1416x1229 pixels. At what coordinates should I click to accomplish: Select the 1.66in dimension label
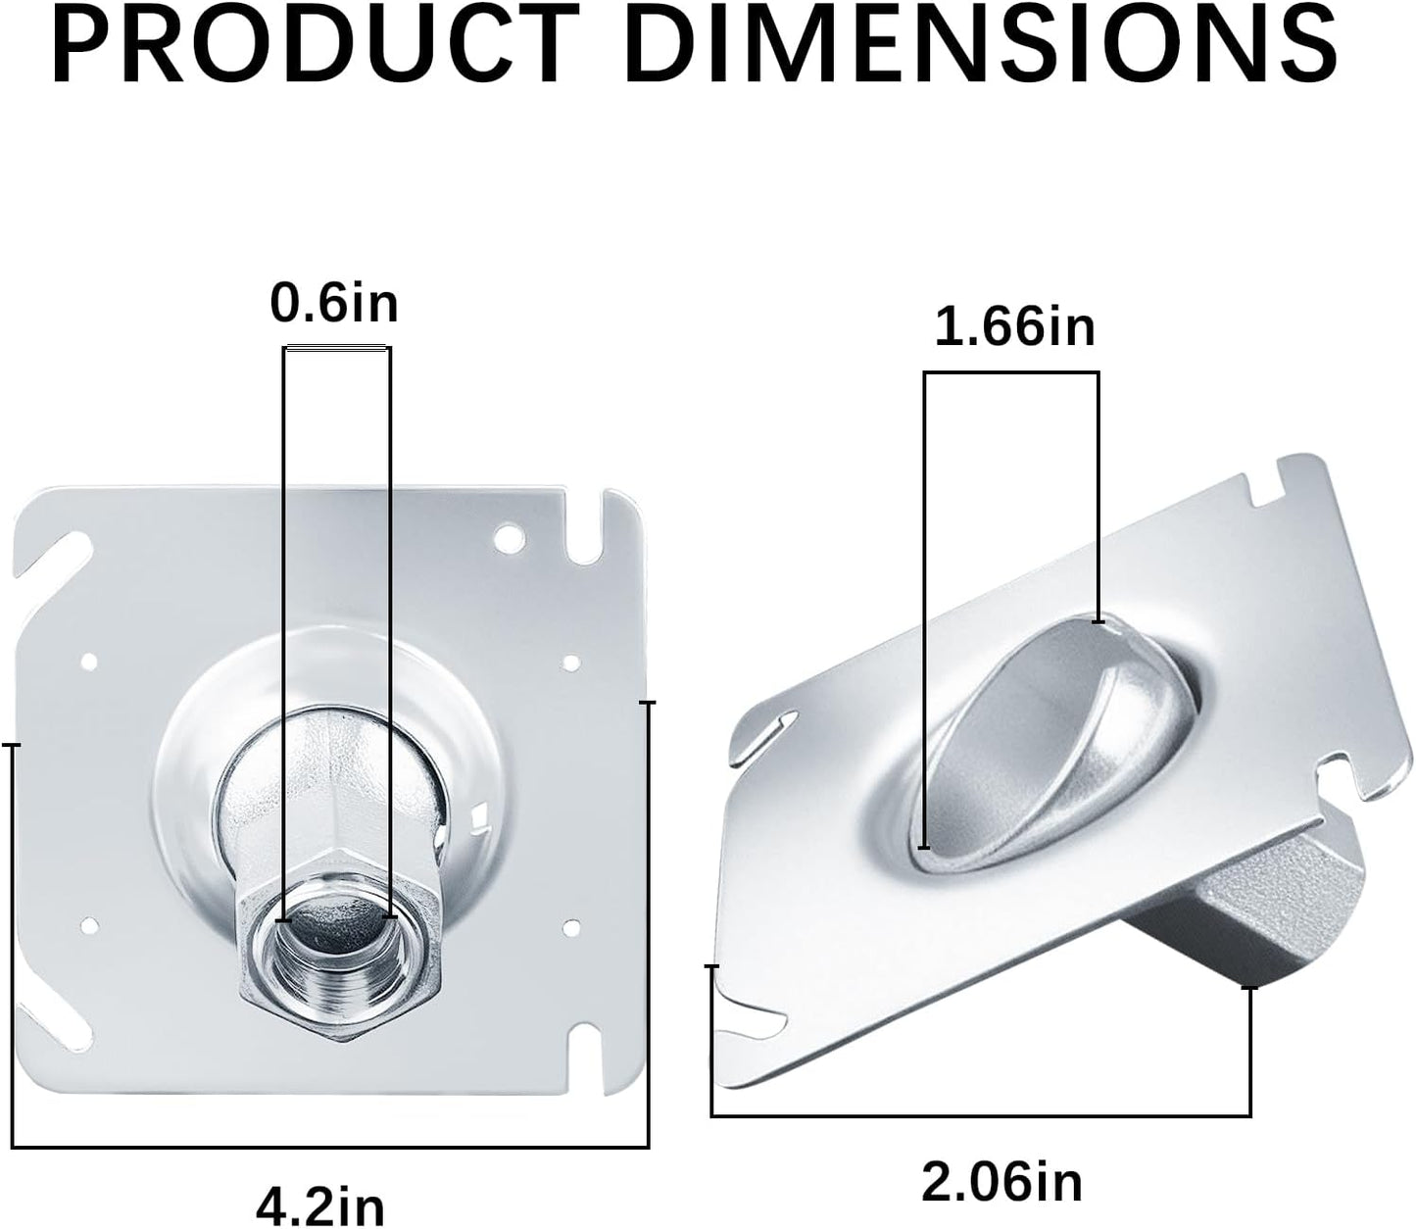(1014, 326)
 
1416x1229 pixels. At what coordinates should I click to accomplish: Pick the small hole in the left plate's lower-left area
(88, 924)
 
